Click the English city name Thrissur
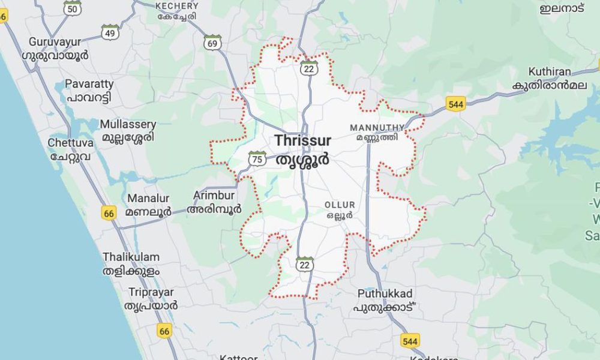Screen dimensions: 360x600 [x=303, y=141]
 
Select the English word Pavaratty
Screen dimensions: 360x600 [x=89, y=84]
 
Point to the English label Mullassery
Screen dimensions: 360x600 [x=128, y=125]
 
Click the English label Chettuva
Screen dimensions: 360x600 [x=71, y=143]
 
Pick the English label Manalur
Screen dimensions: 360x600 [x=148, y=199]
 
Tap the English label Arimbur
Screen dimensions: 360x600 [x=214, y=196]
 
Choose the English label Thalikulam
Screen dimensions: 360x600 [x=131, y=257]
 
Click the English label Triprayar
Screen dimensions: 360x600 [x=151, y=292]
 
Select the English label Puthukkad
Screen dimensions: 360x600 [x=385, y=294]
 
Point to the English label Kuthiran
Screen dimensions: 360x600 [x=550, y=72]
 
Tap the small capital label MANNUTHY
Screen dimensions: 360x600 [x=377, y=128]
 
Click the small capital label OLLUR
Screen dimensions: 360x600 [x=340, y=205]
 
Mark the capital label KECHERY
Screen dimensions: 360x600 [x=176, y=5]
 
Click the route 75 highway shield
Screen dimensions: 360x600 [x=257, y=159]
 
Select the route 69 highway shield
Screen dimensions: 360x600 [x=212, y=42]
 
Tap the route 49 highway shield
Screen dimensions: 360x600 [x=110, y=32]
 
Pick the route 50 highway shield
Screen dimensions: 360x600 [x=72, y=7]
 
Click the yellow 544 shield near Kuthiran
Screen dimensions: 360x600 [x=456, y=104]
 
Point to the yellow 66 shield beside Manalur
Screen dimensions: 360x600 [x=109, y=213]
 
